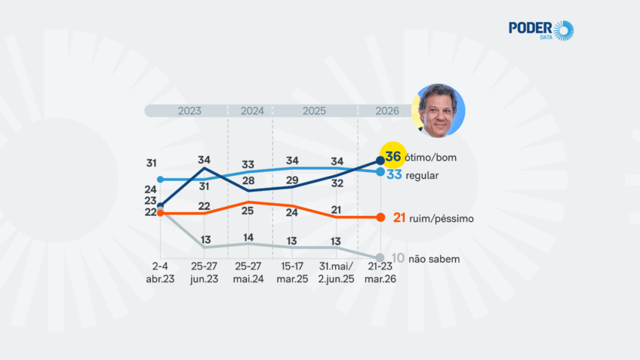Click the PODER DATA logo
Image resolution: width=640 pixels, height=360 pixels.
pyautogui.click(x=540, y=30)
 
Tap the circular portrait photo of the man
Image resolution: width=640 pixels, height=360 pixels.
pyautogui.click(x=440, y=111)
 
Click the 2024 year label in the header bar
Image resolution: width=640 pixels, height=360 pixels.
pyautogui.click(x=252, y=110)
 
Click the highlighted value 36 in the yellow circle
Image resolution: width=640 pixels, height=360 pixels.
pyautogui.click(x=392, y=156)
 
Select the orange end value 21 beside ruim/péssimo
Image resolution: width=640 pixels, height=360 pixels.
pyautogui.click(x=400, y=218)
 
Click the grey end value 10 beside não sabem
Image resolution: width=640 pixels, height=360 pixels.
pyautogui.click(x=398, y=258)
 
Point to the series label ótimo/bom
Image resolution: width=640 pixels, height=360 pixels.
pyautogui.click(x=431, y=158)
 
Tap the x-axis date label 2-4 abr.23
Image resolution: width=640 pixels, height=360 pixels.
pyautogui.click(x=160, y=273)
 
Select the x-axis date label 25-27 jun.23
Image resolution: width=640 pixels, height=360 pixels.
pyautogui.click(x=205, y=273)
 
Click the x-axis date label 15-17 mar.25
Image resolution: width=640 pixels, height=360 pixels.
pyautogui.click(x=291, y=273)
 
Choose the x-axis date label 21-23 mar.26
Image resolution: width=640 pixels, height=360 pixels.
pyautogui.click(x=380, y=273)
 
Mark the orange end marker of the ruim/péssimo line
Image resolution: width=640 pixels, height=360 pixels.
pyautogui.click(x=380, y=217)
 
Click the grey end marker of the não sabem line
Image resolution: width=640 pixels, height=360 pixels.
pyautogui.click(x=380, y=257)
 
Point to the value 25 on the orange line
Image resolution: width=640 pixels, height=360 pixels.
pyautogui.click(x=248, y=211)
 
